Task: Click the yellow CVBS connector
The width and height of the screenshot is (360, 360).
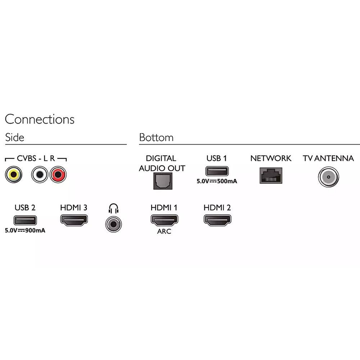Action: pos(14,175)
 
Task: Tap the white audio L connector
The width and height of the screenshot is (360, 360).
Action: pos(40,175)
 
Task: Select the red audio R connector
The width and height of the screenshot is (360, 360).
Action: pos(58,175)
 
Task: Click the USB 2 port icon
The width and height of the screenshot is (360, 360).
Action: pos(25,220)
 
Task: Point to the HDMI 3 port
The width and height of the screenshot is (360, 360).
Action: pos(74,220)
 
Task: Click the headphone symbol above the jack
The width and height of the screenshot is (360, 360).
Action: pos(113,208)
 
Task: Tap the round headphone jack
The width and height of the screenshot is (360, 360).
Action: pos(113,224)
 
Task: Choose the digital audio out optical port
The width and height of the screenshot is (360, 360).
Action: pos(163,181)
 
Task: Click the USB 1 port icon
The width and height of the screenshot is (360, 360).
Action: pos(217,171)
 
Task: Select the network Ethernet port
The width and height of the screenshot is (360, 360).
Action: pos(271,176)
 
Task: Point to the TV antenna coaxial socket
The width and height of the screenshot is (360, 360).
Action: pos(329,177)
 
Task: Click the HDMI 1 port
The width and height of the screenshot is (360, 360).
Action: pos(165,220)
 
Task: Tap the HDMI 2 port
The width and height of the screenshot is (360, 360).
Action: pos(217,220)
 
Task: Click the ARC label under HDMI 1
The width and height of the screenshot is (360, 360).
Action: pos(164,231)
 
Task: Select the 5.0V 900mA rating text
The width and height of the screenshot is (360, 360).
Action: pos(25,230)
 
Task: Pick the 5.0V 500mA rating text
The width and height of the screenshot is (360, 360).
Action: pos(217,181)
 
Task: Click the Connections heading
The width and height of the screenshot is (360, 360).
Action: pos(40,119)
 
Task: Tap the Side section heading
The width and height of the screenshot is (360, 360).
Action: pos(15,137)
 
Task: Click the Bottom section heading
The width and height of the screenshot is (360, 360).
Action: pos(156,137)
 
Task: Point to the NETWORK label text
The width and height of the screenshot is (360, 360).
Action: pos(271,158)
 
